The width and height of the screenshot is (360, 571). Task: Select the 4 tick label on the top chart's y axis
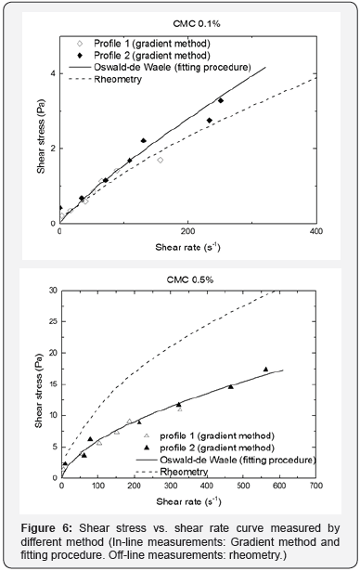click(52, 73)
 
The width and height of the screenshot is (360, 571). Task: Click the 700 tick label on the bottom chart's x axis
click(315, 486)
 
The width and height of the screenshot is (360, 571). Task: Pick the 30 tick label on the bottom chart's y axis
click(48, 290)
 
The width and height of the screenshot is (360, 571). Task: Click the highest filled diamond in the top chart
click(221, 100)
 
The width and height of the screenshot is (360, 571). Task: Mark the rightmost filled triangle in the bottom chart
click(266, 370)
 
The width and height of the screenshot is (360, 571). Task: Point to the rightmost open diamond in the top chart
click(161, 160)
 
